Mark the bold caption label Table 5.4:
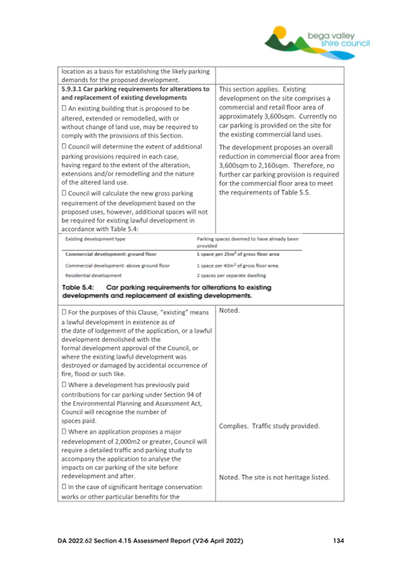coord(77,287)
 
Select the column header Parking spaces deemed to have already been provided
coord(246,242)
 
